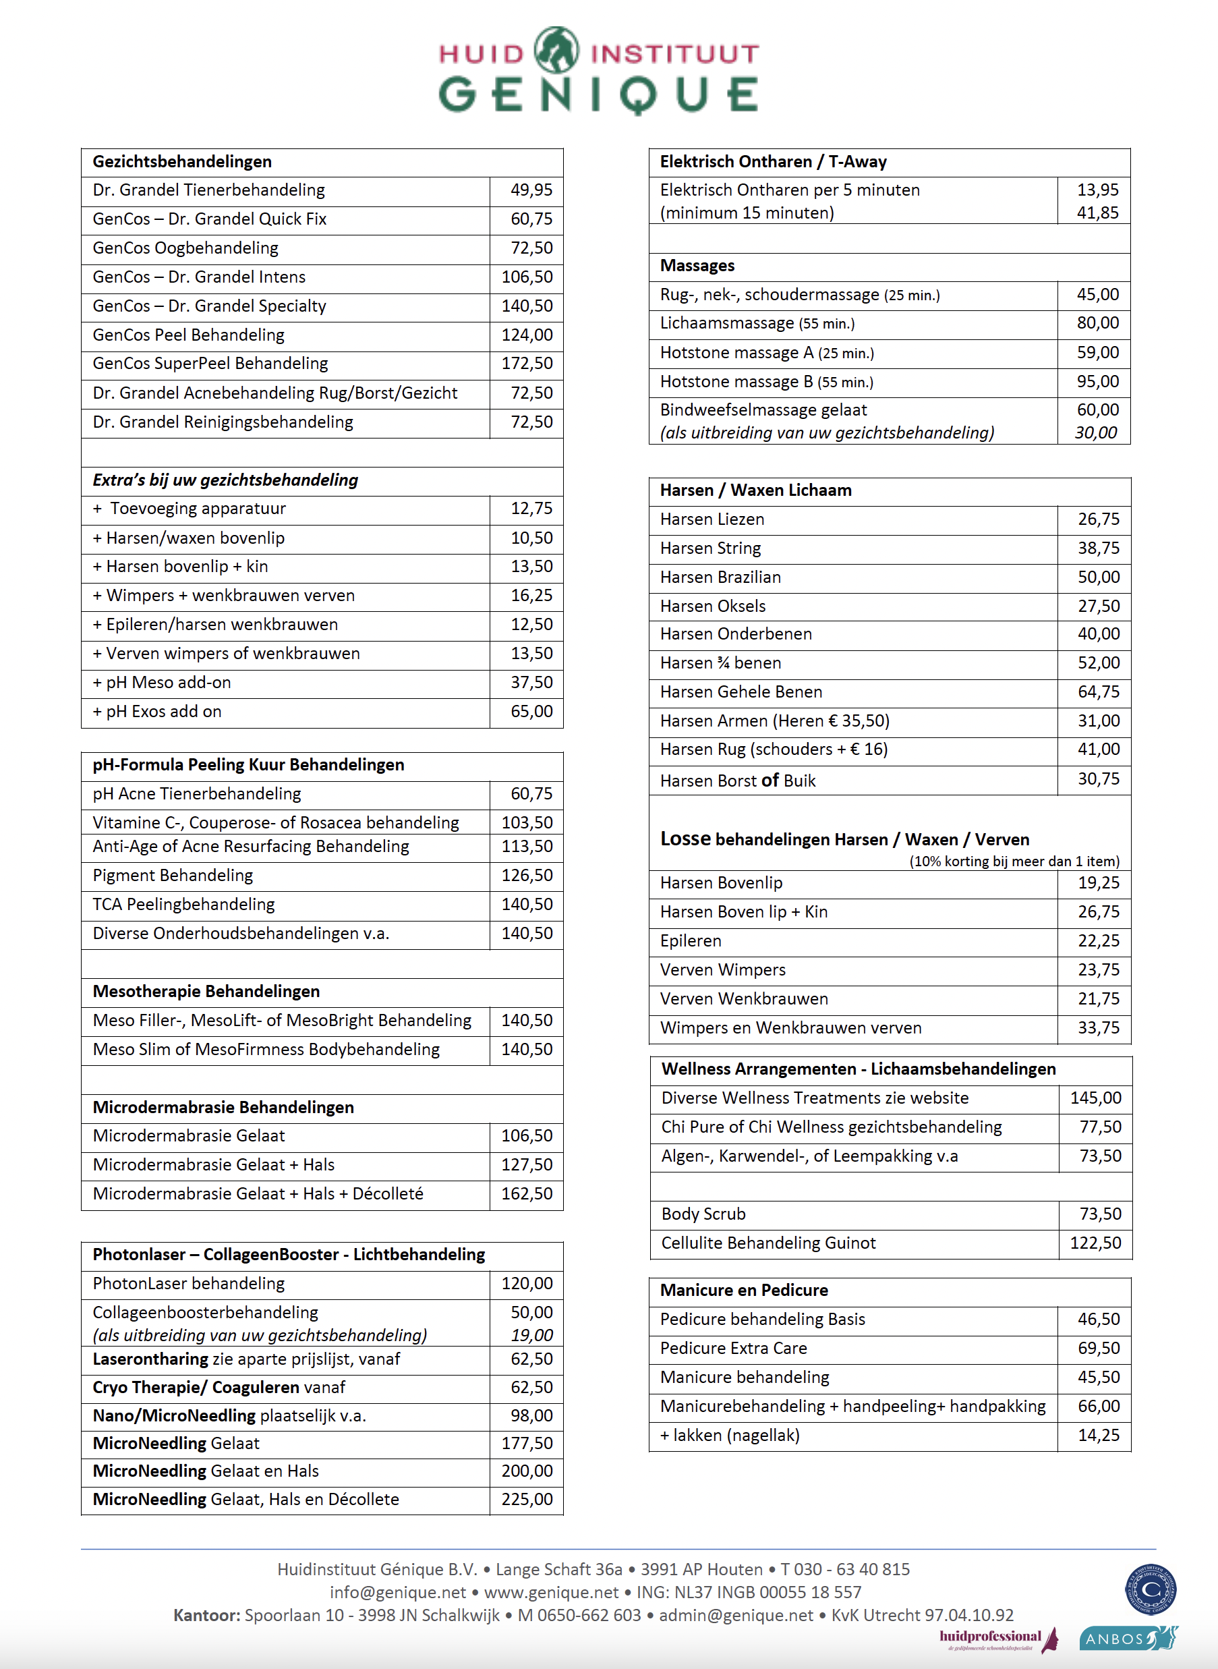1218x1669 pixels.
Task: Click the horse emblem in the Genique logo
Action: (556, 50)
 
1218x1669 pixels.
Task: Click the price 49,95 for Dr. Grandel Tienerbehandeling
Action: (531, 190)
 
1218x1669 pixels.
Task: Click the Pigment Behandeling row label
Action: (173, 876)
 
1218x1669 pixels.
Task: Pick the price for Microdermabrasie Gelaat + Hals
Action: (527, 1164)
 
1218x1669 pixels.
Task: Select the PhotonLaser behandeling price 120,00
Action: (527, 1283)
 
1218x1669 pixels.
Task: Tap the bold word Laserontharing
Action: (150, 1359)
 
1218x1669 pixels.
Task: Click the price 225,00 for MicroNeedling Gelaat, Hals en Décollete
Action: (527, 1500)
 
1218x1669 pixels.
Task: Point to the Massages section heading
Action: (697, 266)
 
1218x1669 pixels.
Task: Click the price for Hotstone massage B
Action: (1097, 382)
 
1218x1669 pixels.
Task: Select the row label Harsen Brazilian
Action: (720, 577)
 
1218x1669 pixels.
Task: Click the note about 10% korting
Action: (1014, 861)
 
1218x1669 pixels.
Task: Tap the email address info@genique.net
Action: (397, 1592)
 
